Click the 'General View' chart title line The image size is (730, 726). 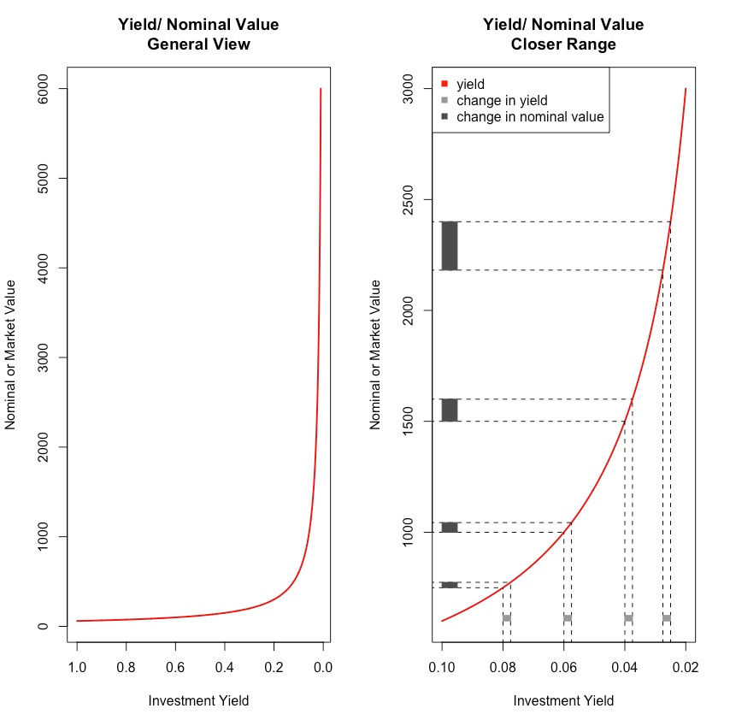point(198,44)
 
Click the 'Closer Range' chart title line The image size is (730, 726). point(563,44)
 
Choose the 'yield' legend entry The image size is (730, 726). point(470,84)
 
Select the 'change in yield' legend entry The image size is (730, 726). point(502,100)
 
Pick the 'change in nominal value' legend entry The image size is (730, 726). point(530,116)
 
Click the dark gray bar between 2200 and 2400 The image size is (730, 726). point(450,246)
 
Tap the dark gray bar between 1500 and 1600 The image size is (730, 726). point(450,410)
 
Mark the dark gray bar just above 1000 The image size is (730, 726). point(450,528)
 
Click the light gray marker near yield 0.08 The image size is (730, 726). point(507,617)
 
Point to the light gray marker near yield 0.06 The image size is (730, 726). point(568,617)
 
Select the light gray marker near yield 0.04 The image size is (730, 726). point(628,617)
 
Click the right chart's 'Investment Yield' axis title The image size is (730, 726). point(563,701)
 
